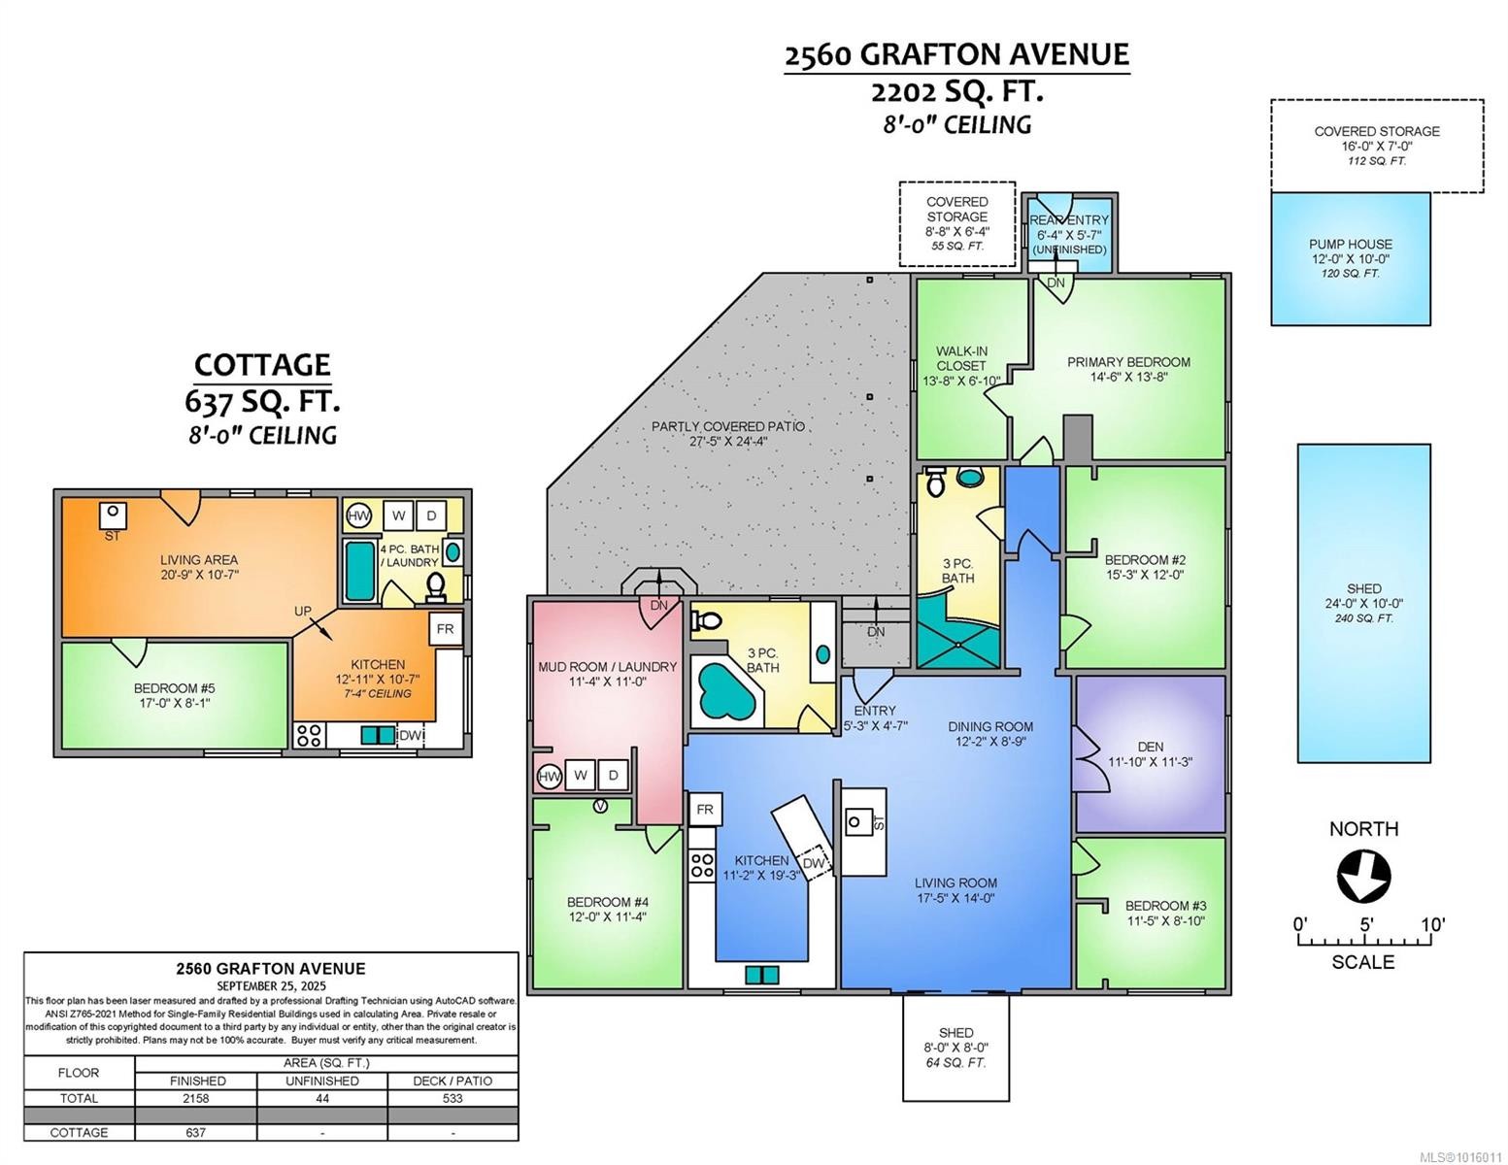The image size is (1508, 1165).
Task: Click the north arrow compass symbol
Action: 1363,876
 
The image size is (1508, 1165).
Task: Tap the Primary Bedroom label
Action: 1128,369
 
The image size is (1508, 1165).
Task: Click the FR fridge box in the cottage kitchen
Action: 445,629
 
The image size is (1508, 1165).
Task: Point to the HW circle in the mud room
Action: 549,776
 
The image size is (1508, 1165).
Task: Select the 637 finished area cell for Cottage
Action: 197,1132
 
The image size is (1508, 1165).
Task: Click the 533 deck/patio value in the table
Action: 452,1098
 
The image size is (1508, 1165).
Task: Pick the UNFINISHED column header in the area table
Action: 322,1081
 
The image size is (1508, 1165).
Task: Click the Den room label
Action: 1150,754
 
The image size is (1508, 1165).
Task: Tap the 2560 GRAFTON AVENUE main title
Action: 956,55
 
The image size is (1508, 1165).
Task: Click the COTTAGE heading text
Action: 262,365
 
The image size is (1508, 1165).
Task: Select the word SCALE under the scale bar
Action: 1362,962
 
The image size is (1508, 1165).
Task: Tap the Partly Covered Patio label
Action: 728,433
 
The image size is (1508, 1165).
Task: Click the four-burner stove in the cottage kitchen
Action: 309,736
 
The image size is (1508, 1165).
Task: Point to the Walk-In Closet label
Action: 960,366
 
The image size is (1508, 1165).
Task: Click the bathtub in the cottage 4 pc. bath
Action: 359,571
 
